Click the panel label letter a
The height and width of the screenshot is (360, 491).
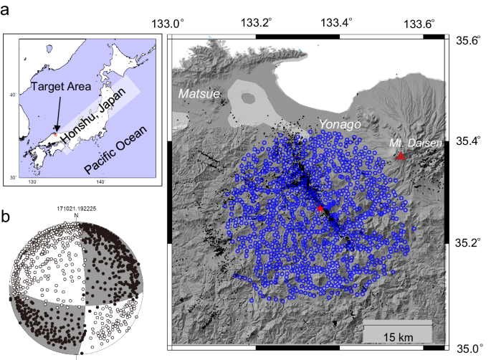tap(6, 9)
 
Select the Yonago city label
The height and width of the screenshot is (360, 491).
tap(339, 123)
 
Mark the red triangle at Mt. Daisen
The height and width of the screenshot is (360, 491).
tap(401, 156)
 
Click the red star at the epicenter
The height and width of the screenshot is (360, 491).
tap(320, 208)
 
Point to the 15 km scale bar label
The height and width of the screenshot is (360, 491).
tap(396, 336)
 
